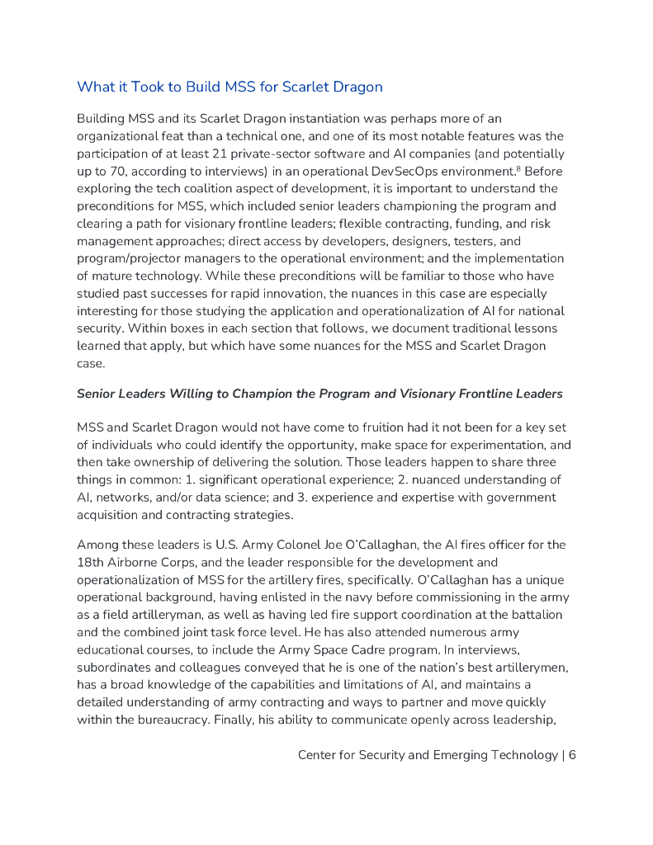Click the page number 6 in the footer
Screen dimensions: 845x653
coord(571,754)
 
